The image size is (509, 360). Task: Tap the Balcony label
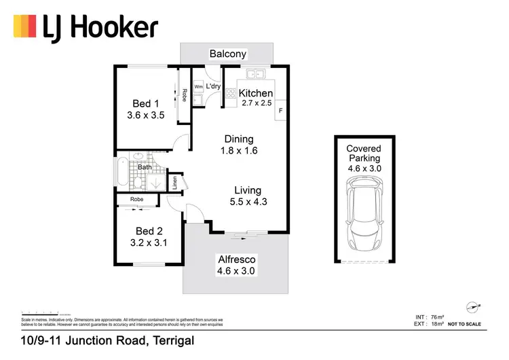(x=228, y=54)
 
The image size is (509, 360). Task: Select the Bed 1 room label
(x=145, y=103)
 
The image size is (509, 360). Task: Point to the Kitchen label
(x=256, y=93)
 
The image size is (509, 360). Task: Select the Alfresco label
(x=237, y=259)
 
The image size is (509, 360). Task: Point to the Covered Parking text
(x=364, y=154)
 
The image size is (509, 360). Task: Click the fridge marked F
(x=281, y=110)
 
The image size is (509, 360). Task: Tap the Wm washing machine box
(x=199, y=88)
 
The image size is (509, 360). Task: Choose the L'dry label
(x=214, y=87)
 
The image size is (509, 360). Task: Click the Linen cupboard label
(x=174, y=182)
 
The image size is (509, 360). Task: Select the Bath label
(x=145, y=166)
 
